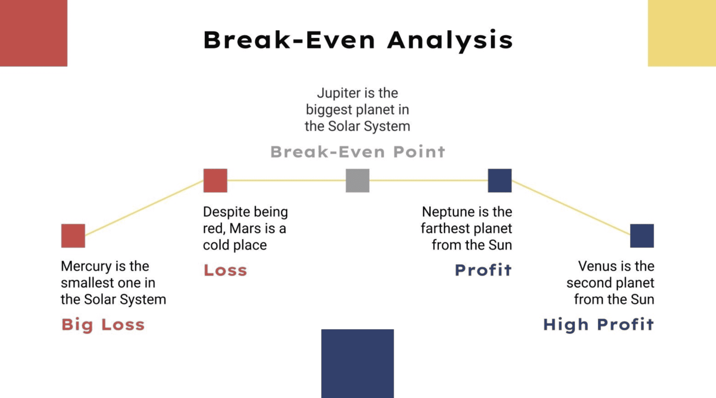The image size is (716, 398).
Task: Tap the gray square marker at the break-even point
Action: tap(358, 180)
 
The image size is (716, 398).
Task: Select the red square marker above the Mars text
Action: tap(215, 180)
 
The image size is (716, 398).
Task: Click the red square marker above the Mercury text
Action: tap(73, 236)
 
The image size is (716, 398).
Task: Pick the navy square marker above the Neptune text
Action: tap(500, 180)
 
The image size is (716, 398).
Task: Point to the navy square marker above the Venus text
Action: tap(642, 236)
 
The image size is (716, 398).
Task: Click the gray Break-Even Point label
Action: tap(358, 152)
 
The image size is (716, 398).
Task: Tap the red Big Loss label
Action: tap(103, 325)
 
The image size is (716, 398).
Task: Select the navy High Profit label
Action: tap(599, 325)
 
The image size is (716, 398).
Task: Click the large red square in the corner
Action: tap(33, 33)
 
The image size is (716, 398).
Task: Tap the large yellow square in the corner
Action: tap(682, 33)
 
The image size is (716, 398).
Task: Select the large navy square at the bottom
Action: tap(358, 364)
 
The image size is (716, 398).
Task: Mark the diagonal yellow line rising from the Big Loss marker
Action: tap(144, 207)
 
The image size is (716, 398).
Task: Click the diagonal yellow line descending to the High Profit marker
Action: tap(571, 207)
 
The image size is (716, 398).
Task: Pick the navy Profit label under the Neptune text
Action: tap(483, 270)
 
